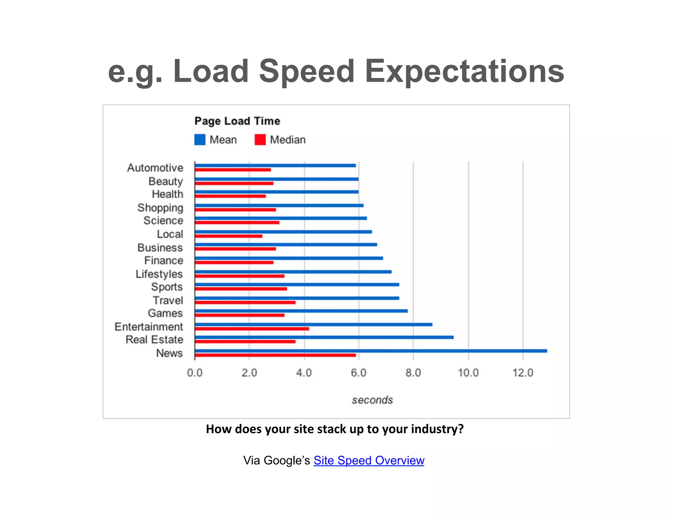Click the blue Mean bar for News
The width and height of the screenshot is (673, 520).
(x=371, y=351)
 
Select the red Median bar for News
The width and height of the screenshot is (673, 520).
(x=275, y=355)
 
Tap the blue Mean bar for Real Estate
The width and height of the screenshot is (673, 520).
(x=324, y=337)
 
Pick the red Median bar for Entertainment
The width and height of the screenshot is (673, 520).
(x=252, y=329)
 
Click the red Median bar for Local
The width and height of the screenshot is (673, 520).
(x=228, y=236)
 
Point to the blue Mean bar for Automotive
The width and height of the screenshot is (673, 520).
(x=275, y=166)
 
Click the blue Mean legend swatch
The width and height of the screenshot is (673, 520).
(x=200, y=140)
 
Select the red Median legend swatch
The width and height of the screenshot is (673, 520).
(x=260, y=140)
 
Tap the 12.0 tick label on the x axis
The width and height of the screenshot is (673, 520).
(x=523, y=373)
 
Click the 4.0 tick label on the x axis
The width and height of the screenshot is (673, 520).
(x=304, y=373)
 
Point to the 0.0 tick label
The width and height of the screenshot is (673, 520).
(x=195, y=373)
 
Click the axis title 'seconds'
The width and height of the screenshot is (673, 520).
(x=372, y=400)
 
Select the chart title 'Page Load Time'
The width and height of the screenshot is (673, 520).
(x=237, y=121)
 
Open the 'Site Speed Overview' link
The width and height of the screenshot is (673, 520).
(x=369, y=460)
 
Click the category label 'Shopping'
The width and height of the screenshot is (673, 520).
(x=160, y=208)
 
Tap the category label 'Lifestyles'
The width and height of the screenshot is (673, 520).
(x=159, y=274)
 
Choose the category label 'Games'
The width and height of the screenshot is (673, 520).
(x=165, y=313)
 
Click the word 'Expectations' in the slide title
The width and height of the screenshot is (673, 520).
(x=464, y=71)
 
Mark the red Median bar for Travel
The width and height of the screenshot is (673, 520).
(x=245, y=302)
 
